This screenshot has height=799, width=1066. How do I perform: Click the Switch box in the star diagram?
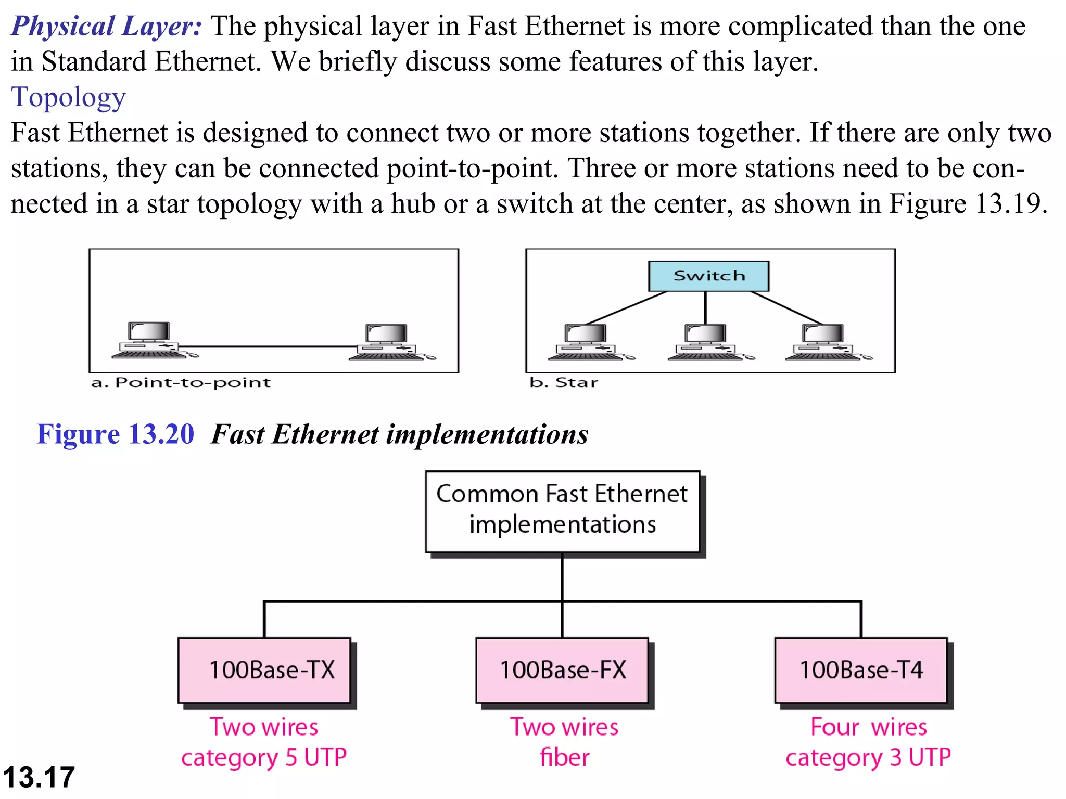click(x=708, y=276)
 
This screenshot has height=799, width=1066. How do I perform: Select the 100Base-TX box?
click(x=264, y=670)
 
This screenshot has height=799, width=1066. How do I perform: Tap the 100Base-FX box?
click(x=562, y=670)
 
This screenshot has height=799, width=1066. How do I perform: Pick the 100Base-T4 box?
click(x=861, y=670)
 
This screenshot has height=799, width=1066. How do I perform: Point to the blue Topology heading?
click(x=68, y=97)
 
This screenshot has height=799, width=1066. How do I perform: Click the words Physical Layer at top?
click(x=106, y=26)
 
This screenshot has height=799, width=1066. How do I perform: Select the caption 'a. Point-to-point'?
click(x=181, y=382)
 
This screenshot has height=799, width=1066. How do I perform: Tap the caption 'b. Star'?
click(x=564, y=382)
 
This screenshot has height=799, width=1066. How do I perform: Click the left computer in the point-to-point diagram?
click(x=150, y=341)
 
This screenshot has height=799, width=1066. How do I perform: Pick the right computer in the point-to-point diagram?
click(x=388, y=342)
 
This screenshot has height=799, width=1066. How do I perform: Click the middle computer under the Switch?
click(x=706, y=342)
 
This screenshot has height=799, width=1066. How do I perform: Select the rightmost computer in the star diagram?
click(x=824, y=342)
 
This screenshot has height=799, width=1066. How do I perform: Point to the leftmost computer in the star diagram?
click(x=587, y=342)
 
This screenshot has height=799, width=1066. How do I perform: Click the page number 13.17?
click(x=39, y=777)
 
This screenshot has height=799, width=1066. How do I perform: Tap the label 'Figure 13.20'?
click(x=115, y=434)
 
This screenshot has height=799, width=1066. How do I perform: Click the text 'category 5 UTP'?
click(x=264, y=757)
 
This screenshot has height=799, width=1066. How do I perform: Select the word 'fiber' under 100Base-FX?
click(x=565, y=757)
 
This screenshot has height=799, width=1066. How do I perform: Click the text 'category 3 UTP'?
click(x=868, y=757)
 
